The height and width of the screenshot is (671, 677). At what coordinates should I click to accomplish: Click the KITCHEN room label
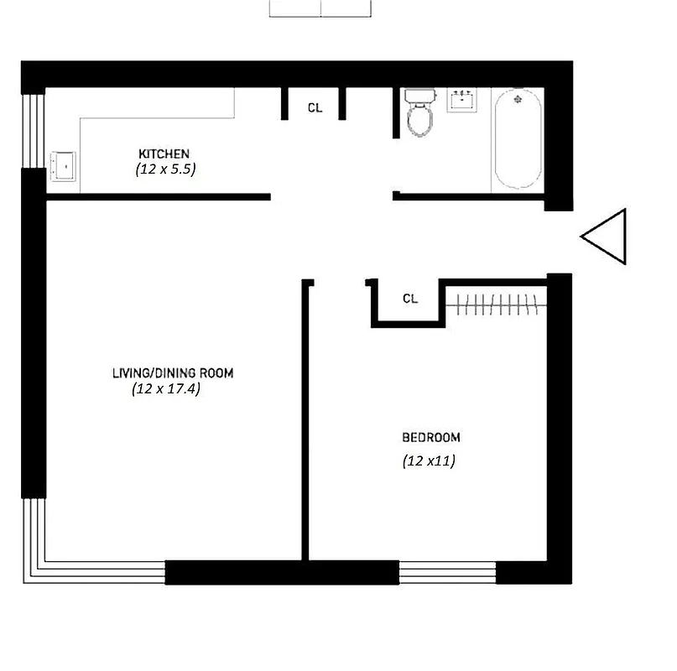point(164,154)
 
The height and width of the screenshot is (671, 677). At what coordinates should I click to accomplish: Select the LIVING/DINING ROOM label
point(172,373)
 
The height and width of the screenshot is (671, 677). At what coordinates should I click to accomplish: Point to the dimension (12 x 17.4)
point(166,389)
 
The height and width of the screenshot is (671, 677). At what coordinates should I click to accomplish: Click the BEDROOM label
point(431,437)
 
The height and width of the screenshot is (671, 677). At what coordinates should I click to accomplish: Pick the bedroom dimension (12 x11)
point(428,460)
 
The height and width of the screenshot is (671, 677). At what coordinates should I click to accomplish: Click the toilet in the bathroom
point(419,118)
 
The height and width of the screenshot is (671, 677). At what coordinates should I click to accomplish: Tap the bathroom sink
point(462,101)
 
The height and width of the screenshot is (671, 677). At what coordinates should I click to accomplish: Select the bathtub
point(517,138)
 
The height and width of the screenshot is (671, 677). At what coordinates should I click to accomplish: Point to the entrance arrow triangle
point(607,237)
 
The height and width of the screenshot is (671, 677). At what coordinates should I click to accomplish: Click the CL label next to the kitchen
point(315,107)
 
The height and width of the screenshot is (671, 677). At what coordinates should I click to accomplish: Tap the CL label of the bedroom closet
point(410,299)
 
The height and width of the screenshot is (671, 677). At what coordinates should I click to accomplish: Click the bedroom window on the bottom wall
point(447,573)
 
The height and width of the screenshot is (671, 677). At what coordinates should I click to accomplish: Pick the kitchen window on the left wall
point(33,130)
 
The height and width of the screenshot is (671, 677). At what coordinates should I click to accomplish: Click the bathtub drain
point(517,100)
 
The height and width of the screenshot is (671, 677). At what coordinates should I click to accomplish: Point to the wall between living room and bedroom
point(306,419)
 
